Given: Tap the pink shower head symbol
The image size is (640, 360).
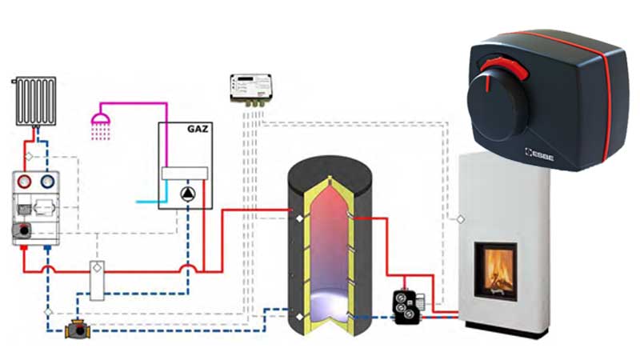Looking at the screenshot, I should (100, 122).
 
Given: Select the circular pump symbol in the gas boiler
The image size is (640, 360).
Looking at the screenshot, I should (185, 192).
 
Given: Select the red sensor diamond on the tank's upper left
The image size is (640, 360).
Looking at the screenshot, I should (298, 216).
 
